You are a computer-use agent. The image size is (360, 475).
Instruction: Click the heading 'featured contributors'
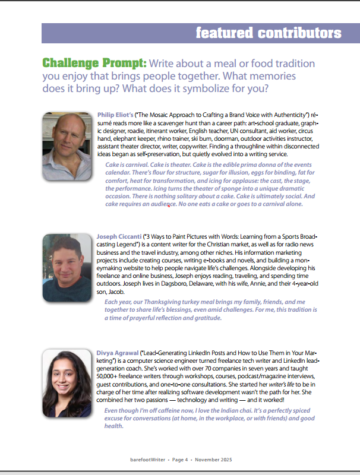[269, 33]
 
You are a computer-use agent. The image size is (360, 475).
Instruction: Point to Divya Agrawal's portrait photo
[67, 383]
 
